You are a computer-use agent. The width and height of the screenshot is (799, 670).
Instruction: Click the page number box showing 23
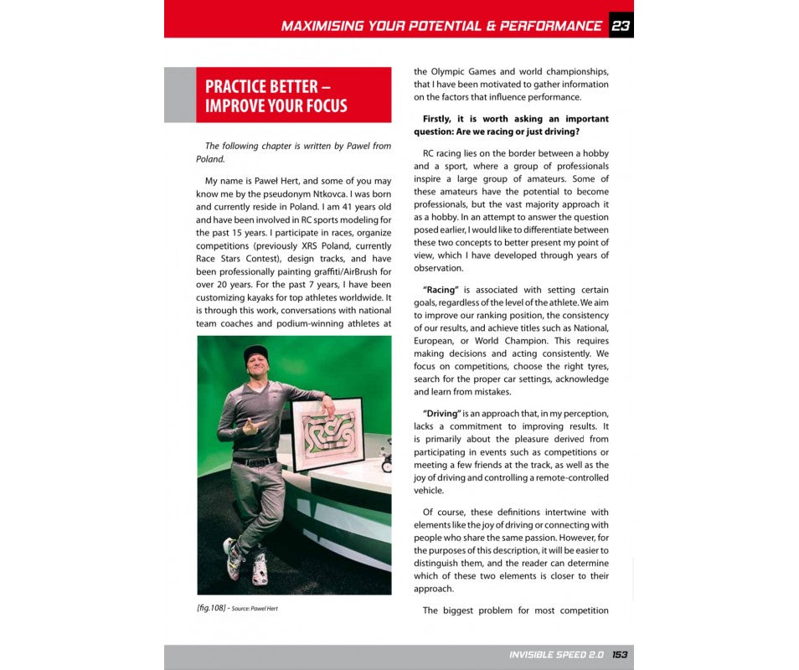pyautogui.click(x=621, y=25)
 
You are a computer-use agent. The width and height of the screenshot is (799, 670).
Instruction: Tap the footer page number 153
pyautogui.click(x=620, y=655)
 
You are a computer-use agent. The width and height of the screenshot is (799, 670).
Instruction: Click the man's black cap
pyautogui.click(x=256, y=353)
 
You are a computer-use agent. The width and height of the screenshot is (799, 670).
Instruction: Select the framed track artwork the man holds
pyautogui.click(x=326, y=435)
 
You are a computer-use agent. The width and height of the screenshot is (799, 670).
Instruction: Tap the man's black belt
pyautogui.click(x=254, y=461)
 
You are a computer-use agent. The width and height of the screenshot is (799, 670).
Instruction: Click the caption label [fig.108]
pyautogui.click(x=210, y=608)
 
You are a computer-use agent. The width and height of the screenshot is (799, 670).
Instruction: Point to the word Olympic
pyautogui.click(x=449, y=71)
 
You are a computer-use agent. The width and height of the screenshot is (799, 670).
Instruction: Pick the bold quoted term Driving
pyautogui.click(x=441, y=414)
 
